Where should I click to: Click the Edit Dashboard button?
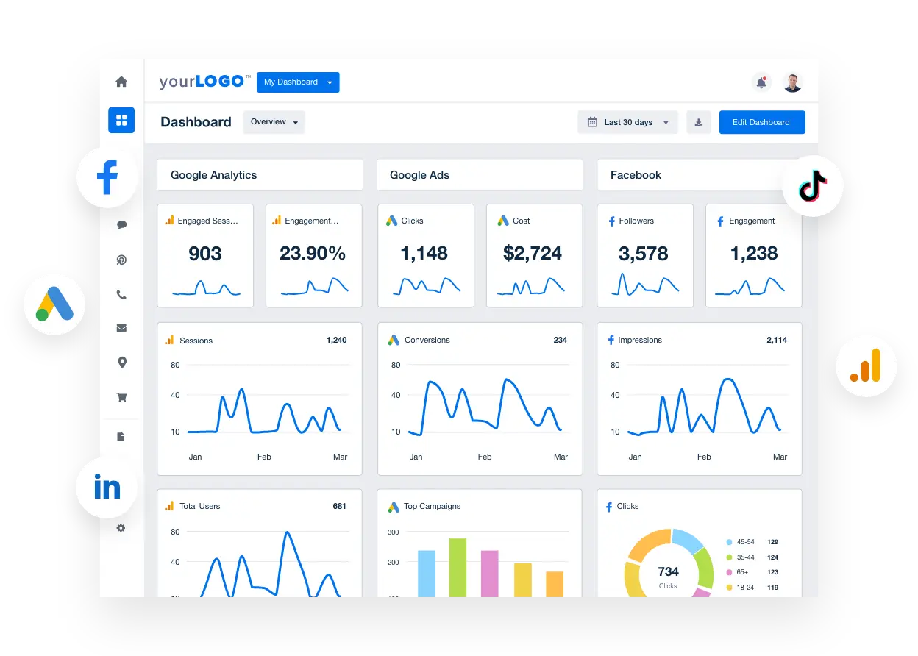tap(761, 122)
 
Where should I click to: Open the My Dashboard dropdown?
tap(298, 82)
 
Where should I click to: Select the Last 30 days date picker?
tap(627, 122)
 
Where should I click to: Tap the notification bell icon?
tap(761, 82)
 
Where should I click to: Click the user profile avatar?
tap(792, 82)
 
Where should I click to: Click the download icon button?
tap(699, 122)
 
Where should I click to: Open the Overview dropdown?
tap(274, 122)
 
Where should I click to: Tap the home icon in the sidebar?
tap(121, 82)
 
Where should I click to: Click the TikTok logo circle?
tap(812, 185)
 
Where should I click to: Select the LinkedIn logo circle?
tap(107, 488)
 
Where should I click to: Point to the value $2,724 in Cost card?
tap(533, 254)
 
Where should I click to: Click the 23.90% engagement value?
tap(313, 254)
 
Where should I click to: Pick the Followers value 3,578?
tap(644, 254)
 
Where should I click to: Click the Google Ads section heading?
tap(419, 175)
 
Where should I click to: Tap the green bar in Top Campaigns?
tap(458, 567)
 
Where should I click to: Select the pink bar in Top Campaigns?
tap(489, 573)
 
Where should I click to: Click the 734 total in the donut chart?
tap(668, 571)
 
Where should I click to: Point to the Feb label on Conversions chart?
tap(484, 457)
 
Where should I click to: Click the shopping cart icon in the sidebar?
tap(121, 397)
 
